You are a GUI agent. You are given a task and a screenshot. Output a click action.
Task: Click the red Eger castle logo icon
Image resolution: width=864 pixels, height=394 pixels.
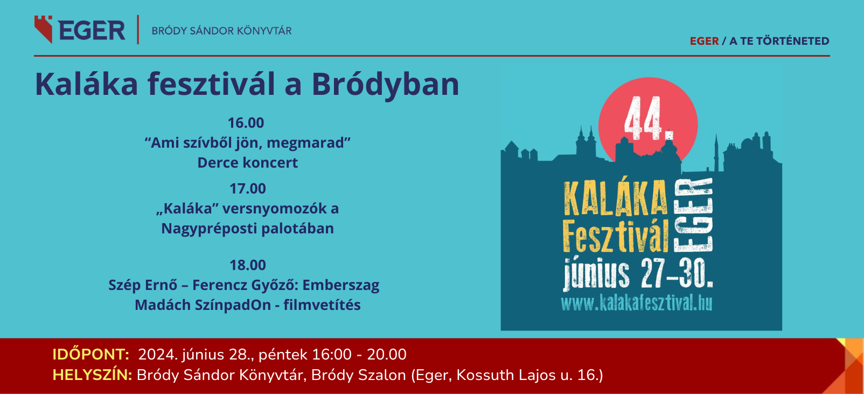tap(43, 29)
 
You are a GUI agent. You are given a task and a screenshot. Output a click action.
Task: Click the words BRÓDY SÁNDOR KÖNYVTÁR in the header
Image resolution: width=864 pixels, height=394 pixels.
tap(222, 31)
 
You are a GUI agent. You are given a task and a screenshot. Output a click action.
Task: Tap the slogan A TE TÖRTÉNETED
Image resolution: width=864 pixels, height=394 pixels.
tap(779, 41)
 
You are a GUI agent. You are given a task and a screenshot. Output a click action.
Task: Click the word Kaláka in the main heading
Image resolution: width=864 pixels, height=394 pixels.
tap(86, 84)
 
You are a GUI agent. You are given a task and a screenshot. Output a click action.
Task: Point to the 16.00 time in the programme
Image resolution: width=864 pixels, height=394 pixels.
tap(246, 123)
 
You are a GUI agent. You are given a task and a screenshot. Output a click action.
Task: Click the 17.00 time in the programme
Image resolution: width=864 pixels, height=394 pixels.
tap(248, 188)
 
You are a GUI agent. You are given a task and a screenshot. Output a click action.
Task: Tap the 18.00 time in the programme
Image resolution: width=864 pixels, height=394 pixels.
tap(248, 265)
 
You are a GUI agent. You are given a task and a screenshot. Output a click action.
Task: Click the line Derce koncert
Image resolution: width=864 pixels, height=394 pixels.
tap(248, 162)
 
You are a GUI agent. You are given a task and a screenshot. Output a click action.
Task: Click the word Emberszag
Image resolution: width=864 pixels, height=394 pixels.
tap(341, 285)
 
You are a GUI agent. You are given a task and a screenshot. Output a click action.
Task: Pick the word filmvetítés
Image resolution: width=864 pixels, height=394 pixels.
tap(322, 305)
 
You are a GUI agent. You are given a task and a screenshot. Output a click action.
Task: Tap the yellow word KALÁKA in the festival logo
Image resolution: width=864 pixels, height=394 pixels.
tap(615, 198)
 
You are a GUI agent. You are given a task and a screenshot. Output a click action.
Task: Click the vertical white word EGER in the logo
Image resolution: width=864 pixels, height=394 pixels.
tap(693, 216)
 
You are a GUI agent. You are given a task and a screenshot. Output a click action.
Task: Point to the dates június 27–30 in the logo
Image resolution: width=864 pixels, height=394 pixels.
tap(638, 274)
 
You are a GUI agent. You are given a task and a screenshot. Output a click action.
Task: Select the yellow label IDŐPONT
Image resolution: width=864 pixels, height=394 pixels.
tap(90, 355)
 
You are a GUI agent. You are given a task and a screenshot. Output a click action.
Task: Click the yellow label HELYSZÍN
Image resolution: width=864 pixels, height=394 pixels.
tap(92, 375)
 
